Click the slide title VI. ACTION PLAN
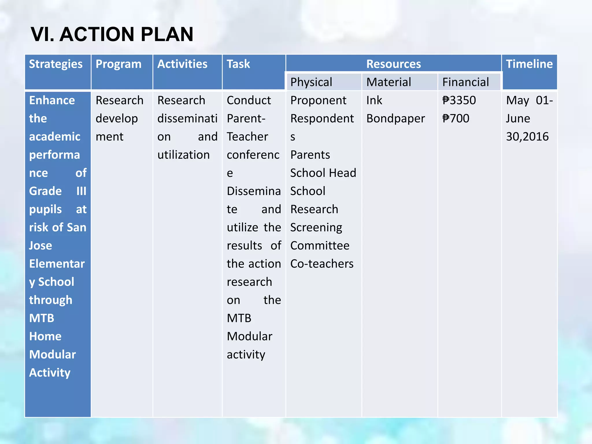point(112,34)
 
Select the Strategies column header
point(56,64)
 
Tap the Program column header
point(119,64)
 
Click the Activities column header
point(182,64)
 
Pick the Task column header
point(238,64)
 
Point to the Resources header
point(393,64)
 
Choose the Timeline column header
point(529,64)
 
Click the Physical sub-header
point(311,82)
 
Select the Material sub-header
point(389,82)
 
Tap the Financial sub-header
point(466,82)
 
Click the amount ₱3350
point(459,100)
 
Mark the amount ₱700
point(456,119)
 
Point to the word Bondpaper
point(396,119)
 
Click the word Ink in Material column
point(374,100)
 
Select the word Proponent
point(318,100)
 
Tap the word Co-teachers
point(322,264)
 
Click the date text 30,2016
point(527,136)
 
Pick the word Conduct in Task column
point(249,100)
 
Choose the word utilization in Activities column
point(184,155)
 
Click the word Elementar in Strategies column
point(57,264)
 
